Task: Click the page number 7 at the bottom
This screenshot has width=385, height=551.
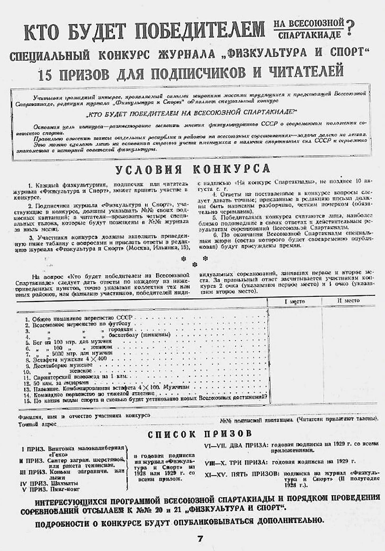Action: [x=200, y=539]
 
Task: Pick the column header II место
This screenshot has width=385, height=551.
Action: [x=348, y=301]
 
